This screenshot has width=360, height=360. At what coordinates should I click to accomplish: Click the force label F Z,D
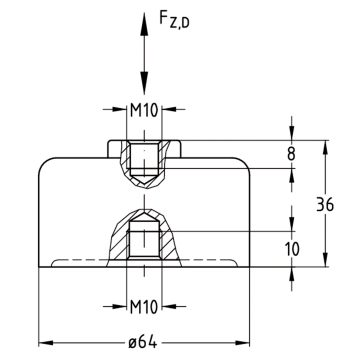[x=174, y=19]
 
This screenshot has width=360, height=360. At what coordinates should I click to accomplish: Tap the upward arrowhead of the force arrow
[x=144, y=24]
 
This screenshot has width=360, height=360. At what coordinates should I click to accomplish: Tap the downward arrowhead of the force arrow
[x=144, y=83]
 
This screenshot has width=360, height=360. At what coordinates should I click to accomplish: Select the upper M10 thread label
[x=144, y=110]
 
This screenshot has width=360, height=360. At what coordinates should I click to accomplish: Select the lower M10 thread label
[x=144, y=306]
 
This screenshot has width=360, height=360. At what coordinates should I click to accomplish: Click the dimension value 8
[x=291, y=154]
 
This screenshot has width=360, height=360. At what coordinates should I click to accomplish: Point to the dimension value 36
[x=325, y=204]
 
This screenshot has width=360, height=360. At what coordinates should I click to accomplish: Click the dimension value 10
[x=292, y=249]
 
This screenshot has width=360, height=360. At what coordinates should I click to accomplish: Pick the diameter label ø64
[x=143, y=342]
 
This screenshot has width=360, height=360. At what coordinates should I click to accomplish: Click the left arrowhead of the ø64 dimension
[x=46, y=343]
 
